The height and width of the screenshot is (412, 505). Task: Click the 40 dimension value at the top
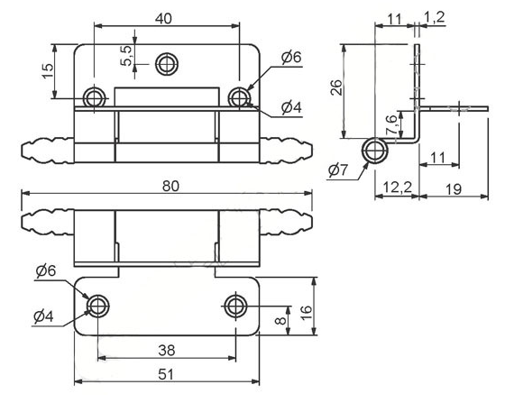click(x=163, y=19)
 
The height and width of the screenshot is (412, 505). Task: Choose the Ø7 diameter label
click(x=340, y=169)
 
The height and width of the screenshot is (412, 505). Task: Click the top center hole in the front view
click(x=165, y=63)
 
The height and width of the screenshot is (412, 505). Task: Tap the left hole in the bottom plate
click(x=96, y=306)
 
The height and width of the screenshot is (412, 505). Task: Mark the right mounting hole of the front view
click(x=238, y=96)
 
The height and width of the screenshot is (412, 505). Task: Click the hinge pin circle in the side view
click(x=372, y=151)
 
